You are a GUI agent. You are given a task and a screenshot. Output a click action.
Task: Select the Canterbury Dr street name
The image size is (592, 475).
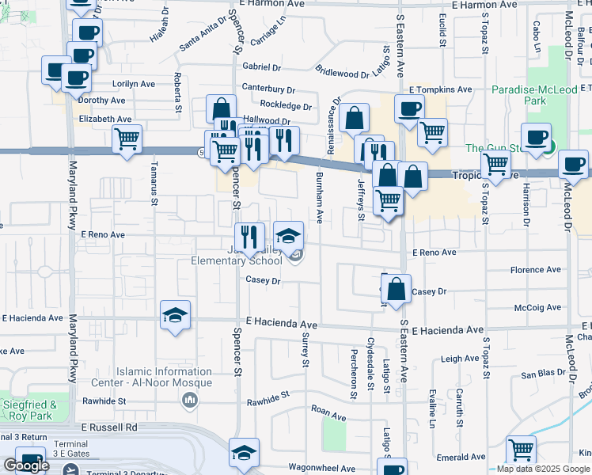pyautogui.click(x=268, y=89)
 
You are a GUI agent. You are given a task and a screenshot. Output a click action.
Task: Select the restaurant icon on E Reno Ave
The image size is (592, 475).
pyautogui.click(x=249, y=236)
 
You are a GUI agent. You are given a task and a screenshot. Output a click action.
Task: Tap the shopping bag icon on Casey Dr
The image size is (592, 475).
pyautogui.click(x=397, y=288)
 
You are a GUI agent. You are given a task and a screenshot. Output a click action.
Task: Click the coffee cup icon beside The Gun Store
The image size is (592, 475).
pyautogui.click(x=536, y=136)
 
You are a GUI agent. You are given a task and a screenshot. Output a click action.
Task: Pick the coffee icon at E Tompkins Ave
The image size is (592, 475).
pyautogui.click(x=408, y=108)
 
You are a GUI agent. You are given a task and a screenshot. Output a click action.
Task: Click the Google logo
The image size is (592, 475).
pyautogui.click(x=26, y=465)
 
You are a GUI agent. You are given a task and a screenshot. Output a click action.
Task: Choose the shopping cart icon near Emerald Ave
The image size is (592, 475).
pyautogui.click(x=521, y=450)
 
